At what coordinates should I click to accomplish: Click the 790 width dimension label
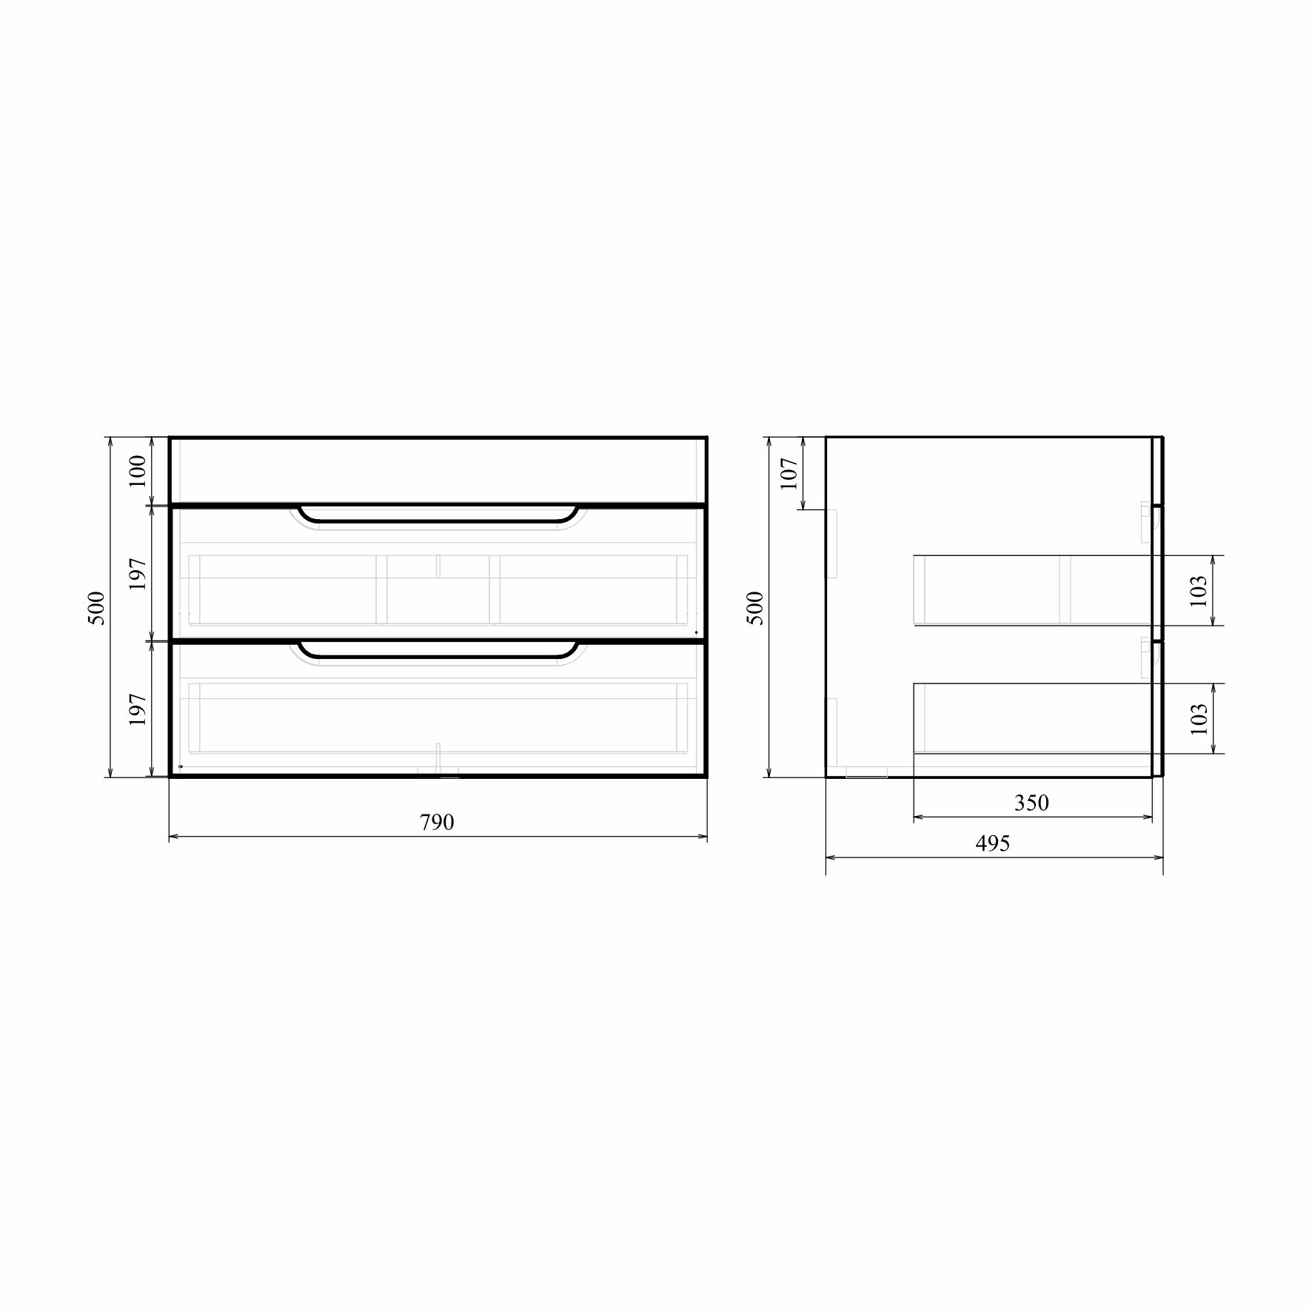pyautogui.click(x=437, y=823)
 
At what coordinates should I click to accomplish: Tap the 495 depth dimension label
pyautogui.click(x=993, y=843)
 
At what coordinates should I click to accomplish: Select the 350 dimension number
pyautogui.click(x=1031, y=803)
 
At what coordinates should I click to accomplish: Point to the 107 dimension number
pyautogui.click(x=789, y=473)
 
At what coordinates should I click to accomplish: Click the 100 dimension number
pyautogui.click(x=138, y=471)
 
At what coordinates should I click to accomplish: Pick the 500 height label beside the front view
pyautogui.click(x=97, y=608)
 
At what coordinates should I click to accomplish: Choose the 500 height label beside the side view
pyautogui.click(x=754, y=608)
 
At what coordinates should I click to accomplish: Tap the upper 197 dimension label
pyautogui.click(x=138, y=573)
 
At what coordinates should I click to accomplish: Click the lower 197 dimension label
pyautogui.click(x=138, y=709)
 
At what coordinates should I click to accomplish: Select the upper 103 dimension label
pyautogui.click(x=1199, y=591)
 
